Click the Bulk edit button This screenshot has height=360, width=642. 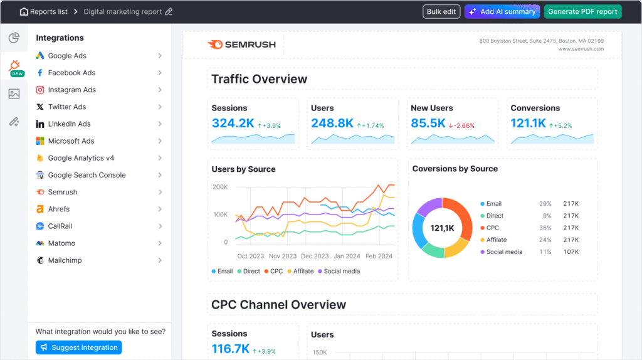pyautogui.click(x=441, y=12)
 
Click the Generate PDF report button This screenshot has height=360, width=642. pyautogui.click(x=582, y=12)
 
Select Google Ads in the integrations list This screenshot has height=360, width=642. pyautogui.click(x=67, y=56)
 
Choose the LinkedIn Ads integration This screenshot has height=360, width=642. pyautogui.click(x=69, y=124)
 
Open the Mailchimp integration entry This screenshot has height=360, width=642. pyautogui.click(x=65, y=260)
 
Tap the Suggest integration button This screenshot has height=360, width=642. pyautogui.click(x=78, y=347)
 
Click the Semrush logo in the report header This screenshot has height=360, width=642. pyautogui.click(x=239, y=45)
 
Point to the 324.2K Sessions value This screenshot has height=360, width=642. pyautogui.click(x=233, y=124)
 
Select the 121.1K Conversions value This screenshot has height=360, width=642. pyautogui.click(x=529, y=124)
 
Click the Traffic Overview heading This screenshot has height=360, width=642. pyautogui.click(x=259, y=79)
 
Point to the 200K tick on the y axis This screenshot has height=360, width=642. pyautogui.click(x=220, y=187)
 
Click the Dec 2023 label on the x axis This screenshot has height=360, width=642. pyautogui.click(x=315, y=256)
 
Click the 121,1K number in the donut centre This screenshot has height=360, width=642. pyautogui.click(x=442, y=228)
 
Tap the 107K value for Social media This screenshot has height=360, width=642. pyautogui.click(x=571, y=251)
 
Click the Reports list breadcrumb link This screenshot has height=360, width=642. pyautogui.click(x=48, y=12)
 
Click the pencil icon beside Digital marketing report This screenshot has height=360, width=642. pyautogui.click(x=169, y=12)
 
